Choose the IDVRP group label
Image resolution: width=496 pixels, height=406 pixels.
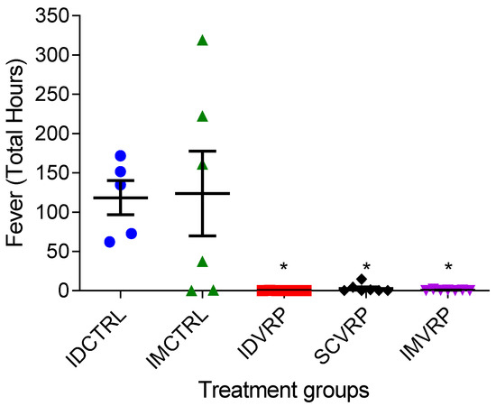pyautogui.click(x=267, y=334)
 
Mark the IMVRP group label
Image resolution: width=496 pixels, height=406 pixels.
pyautogui.click(x=431, y=336)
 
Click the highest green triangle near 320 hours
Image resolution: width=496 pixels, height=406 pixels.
pyautogui.click(x=202, y=41)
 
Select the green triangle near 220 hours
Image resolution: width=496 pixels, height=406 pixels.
pyautogui.click(x=202, y=116)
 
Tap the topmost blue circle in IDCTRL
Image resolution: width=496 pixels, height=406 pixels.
pyautogui.click(x=120, y=156)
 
